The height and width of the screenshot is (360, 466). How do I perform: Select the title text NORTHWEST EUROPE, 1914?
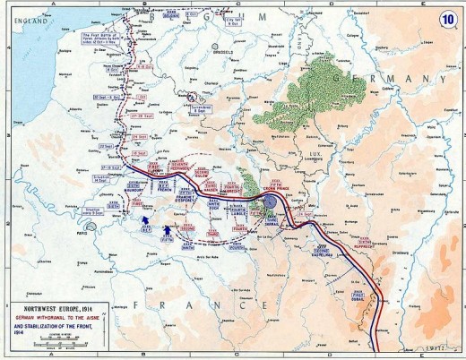click(53, 305)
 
